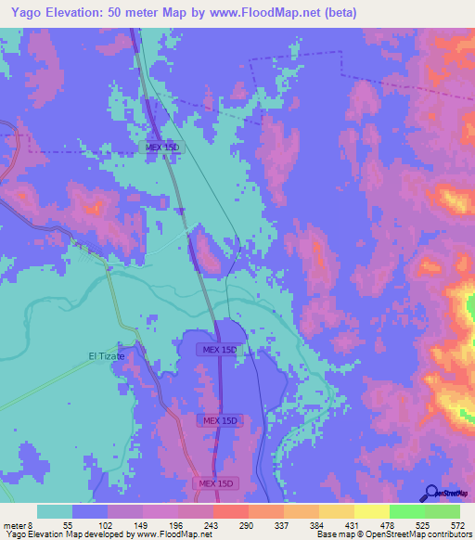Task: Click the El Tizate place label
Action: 106,355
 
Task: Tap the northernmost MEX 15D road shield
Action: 163,148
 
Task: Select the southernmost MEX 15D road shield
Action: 215,483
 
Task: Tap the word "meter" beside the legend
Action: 15,525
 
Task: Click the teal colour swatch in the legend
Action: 55,511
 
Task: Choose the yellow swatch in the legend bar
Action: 371,511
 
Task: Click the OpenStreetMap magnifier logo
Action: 429,492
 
